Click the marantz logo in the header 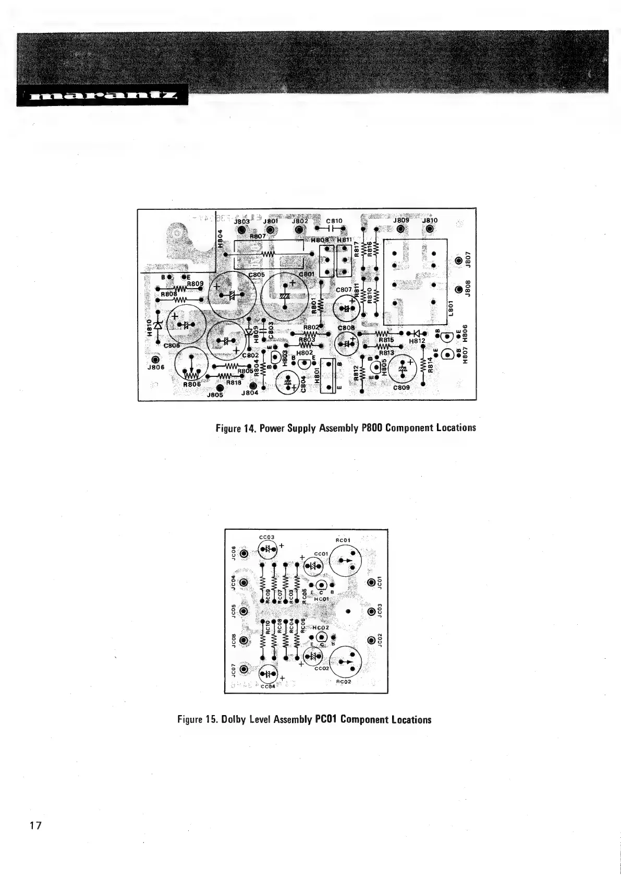pos(102,96)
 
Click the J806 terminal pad pos(155,360)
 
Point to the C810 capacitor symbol pos(335,228)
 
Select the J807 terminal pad pos(459,261)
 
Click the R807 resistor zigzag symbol pos(268,254)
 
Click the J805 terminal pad pos(220,387)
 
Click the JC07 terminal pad pos(244,669)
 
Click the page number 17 pos(35,825)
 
